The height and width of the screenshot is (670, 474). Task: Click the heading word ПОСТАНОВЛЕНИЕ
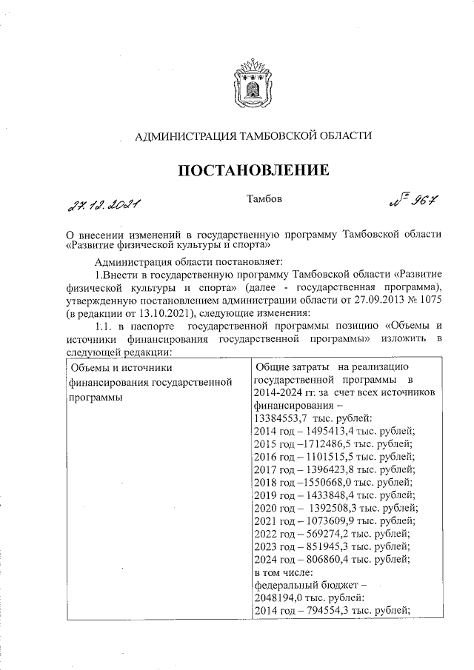(252, 171)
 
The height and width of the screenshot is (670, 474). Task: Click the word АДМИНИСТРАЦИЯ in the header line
(181, 135)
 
